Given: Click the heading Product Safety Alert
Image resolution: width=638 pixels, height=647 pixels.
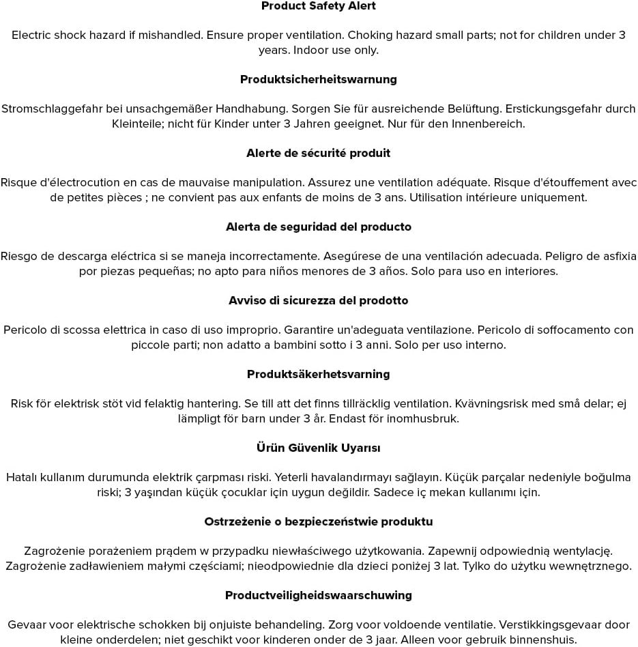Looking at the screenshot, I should click(319, 6).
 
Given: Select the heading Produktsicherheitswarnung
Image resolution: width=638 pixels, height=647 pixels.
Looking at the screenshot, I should click(319, 80).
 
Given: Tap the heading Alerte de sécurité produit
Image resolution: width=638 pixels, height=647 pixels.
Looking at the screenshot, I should click(319, 154).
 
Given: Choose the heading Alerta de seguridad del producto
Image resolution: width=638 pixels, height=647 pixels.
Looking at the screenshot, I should click(319, 227).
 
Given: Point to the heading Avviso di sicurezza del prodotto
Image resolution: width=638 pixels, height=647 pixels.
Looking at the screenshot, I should click(319, 301).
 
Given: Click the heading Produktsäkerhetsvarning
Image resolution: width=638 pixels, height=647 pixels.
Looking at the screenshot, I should click(319, 375).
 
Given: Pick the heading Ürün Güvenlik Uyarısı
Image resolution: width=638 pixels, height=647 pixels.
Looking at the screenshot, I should click(319, 448).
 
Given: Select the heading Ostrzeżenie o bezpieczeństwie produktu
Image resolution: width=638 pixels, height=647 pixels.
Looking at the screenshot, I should click(319, 522).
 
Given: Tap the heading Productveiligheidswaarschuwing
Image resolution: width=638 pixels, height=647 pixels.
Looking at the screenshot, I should click(319, 596).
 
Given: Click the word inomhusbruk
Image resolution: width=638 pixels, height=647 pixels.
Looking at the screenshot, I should click(423, 419).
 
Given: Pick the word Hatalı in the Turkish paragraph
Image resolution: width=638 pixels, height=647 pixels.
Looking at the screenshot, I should click(22, 478).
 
